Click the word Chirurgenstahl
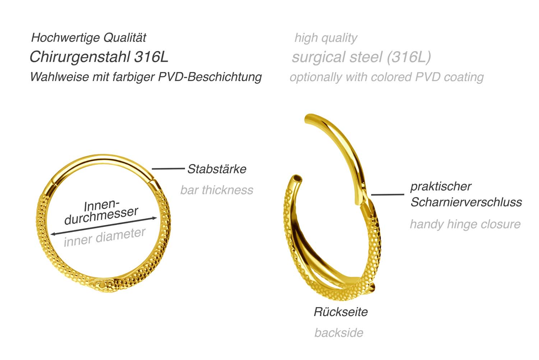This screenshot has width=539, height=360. [80, 58]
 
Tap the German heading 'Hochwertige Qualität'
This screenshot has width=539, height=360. [88, 38]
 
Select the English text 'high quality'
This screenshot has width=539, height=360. [326, 38]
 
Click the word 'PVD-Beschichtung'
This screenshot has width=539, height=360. [210, 77]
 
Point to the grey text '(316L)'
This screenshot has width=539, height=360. [409, 57]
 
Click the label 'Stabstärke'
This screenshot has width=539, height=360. [217, 169]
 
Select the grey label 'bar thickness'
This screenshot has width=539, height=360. [217, 190]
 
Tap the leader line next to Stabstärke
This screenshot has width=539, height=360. [168, 169]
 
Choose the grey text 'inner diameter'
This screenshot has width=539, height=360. [105, 237]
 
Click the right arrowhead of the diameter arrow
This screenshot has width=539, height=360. [155, 218]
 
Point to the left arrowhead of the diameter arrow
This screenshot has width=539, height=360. [54, 233]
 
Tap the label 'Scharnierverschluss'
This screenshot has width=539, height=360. [466, 202]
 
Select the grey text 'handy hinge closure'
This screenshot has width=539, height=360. [465, 224]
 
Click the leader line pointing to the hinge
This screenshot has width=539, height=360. [387, 194]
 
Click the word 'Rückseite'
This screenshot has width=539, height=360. [341, 312]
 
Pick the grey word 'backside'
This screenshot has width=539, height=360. [339, 333]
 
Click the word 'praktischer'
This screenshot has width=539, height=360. [441, 187]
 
